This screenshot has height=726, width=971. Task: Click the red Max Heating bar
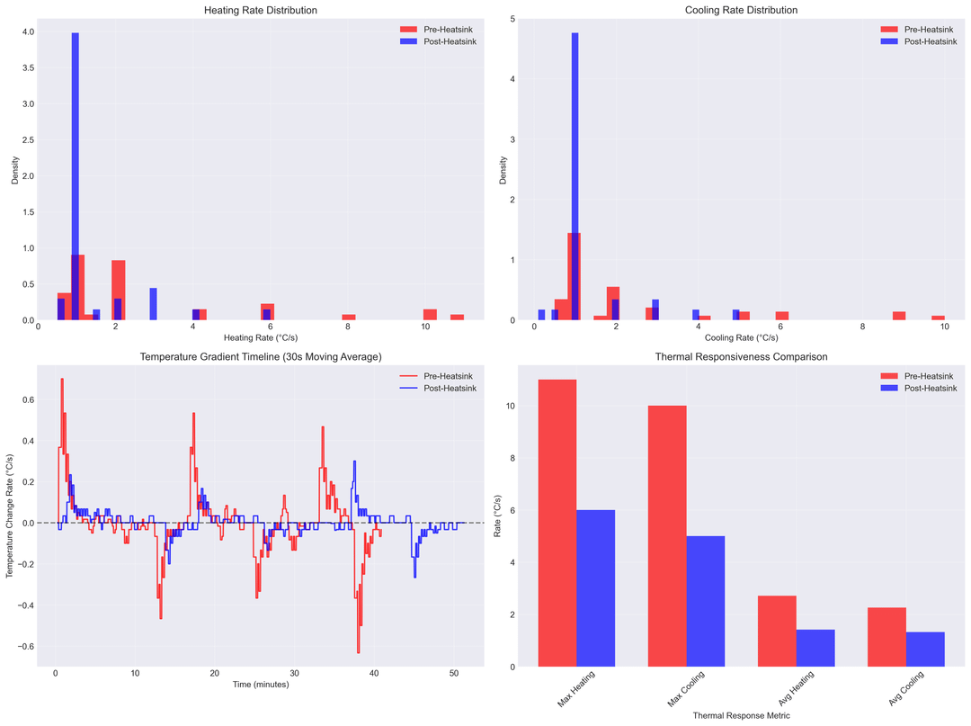pyautogui.click(x=557, y=523)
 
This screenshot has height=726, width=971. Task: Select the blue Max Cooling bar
pyautogui.click(x=705, y=601)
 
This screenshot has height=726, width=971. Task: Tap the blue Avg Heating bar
pyautogui.click(x=815, y=648)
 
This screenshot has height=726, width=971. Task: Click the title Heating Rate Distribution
pyautogui.click(x=261, y=10)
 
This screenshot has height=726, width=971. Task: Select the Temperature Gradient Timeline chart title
pyautogui.click(x=261, y=357)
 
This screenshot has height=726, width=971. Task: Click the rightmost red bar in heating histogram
pyautogui.click(x=457, y=317)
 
